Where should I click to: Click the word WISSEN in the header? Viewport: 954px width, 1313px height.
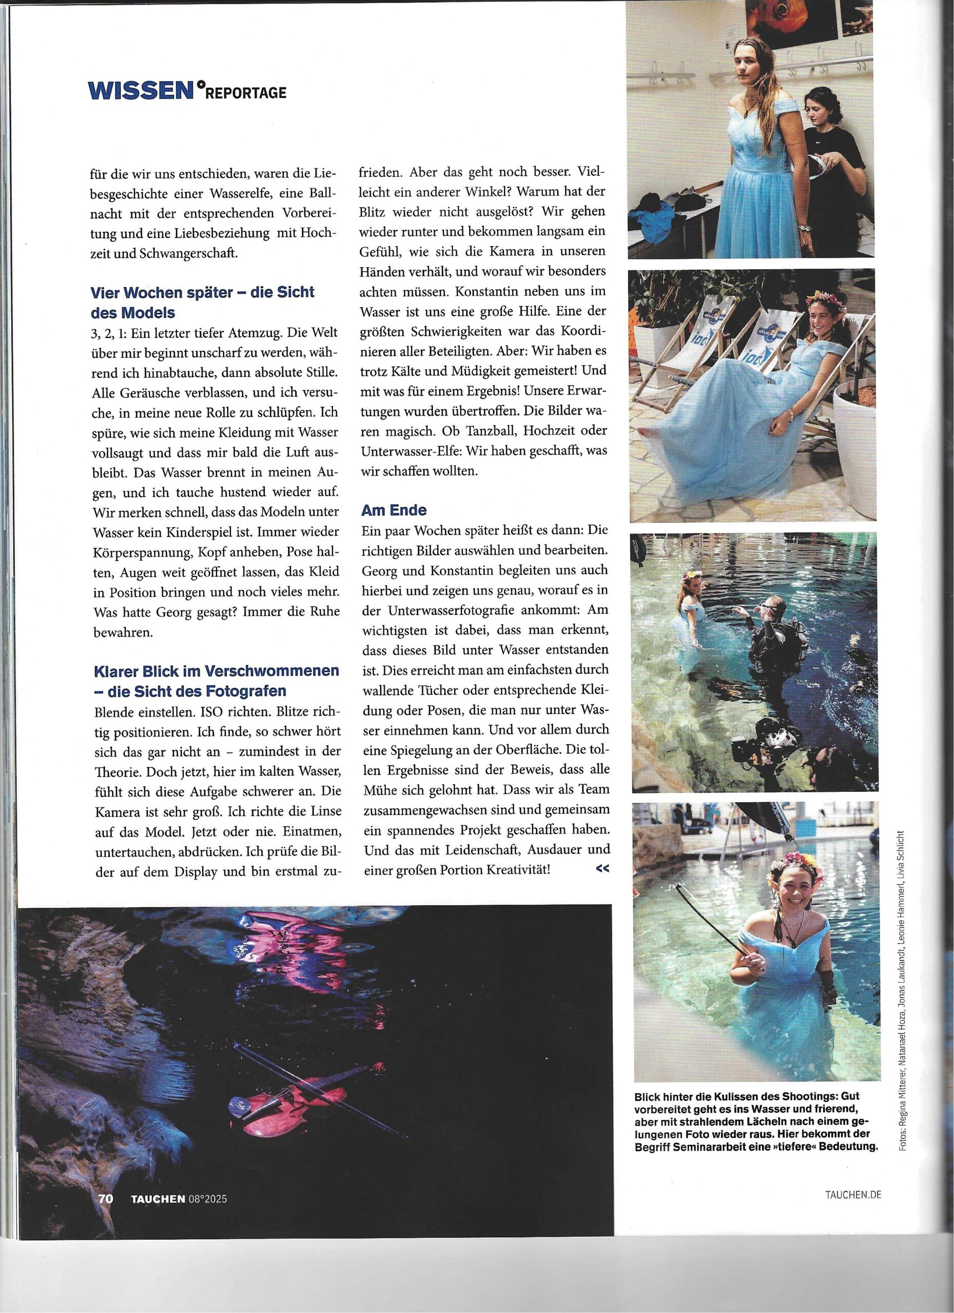(x=140, y=90)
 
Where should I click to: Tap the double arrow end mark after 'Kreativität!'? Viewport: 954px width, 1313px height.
(x=602, y=868)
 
